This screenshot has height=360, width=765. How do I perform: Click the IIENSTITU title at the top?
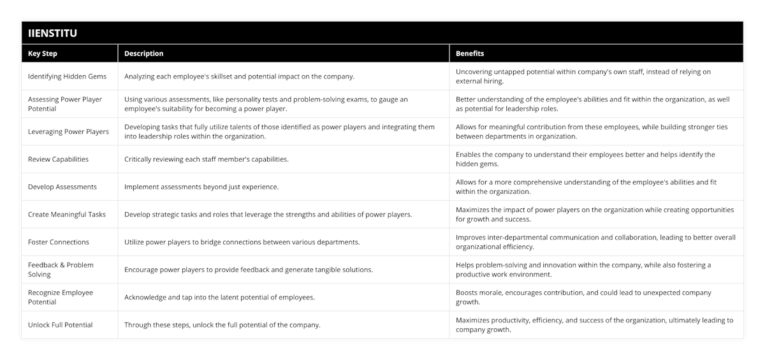click(x=53, y=33)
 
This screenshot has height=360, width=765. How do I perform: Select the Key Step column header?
click(x=43, y=54)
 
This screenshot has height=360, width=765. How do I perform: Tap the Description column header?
click(x=143, y=54)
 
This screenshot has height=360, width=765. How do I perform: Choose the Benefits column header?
click(x=470, y=54)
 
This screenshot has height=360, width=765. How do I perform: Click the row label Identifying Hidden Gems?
click(x=67, y=76)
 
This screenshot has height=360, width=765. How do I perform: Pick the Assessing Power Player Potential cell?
click(x=65, y=104)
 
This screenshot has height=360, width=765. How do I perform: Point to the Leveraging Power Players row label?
click(x=68, y=132)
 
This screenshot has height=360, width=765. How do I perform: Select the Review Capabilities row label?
click(x=58, y=159)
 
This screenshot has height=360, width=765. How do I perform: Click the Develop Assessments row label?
click(x=62, y=187)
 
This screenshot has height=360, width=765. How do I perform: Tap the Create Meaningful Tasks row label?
click(x=67, y=215)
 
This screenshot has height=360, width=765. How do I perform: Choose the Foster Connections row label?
click(x=59, y=242)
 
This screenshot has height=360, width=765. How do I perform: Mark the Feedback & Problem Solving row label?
click(x=61, y=270)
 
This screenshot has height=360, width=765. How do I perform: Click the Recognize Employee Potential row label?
click(x=61, y=297)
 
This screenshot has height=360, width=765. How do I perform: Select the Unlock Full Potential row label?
click(x=61, y=325)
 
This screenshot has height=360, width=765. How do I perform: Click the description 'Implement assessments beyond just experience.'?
click(x=201, y=187)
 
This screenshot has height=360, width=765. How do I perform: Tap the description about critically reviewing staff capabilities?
click(x=206, y=159)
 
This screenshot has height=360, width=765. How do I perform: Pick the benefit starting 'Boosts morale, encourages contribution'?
click(x=583, y=297)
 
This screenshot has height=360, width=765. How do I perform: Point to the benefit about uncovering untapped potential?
click(x=583, y=76)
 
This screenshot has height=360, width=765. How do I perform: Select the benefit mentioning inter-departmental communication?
click(x=595, y=242)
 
